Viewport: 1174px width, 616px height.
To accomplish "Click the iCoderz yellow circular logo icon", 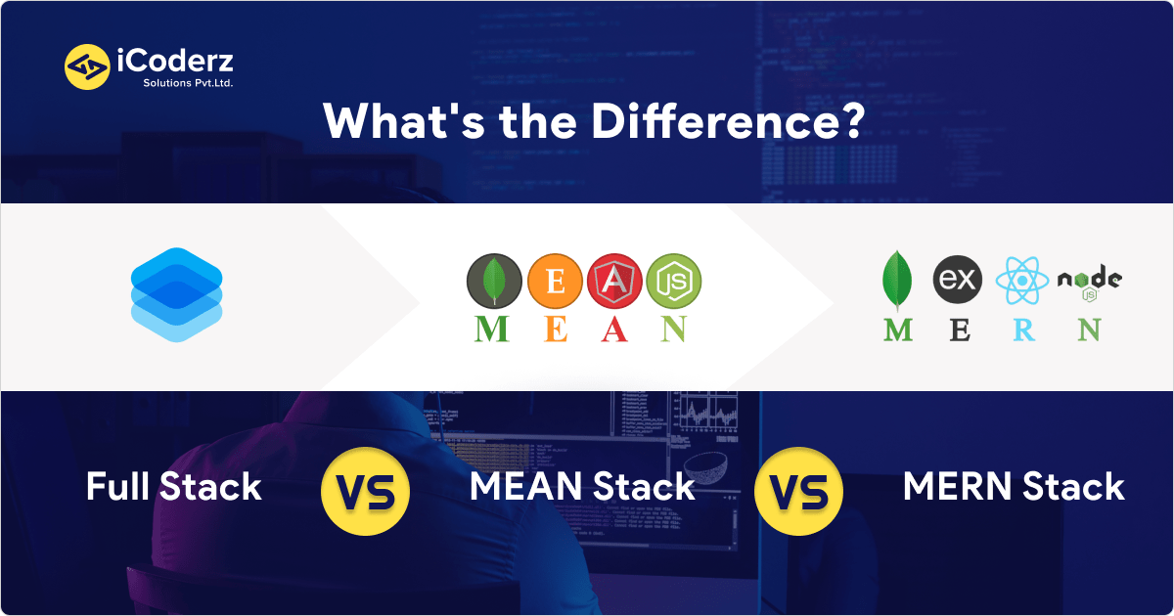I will click(86, 67).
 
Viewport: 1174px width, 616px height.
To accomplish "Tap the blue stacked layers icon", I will click(176, 294).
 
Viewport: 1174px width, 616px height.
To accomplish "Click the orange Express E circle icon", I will click(554, 280).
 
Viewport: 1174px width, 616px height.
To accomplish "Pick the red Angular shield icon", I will click(613, 281).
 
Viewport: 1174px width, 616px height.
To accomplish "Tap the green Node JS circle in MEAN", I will click(674, 280).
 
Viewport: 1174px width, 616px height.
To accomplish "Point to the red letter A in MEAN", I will click(613, 329).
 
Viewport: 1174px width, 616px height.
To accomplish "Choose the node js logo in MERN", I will click(1089, 282).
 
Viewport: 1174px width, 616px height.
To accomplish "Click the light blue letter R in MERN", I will click(1023, 330).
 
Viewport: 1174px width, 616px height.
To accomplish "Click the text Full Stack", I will click(174, 487).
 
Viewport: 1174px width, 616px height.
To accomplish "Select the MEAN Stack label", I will click(582, 487).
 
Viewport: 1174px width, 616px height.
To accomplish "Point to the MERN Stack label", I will click(1014, 487).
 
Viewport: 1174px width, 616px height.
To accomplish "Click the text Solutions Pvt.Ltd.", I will click(181, 83).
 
